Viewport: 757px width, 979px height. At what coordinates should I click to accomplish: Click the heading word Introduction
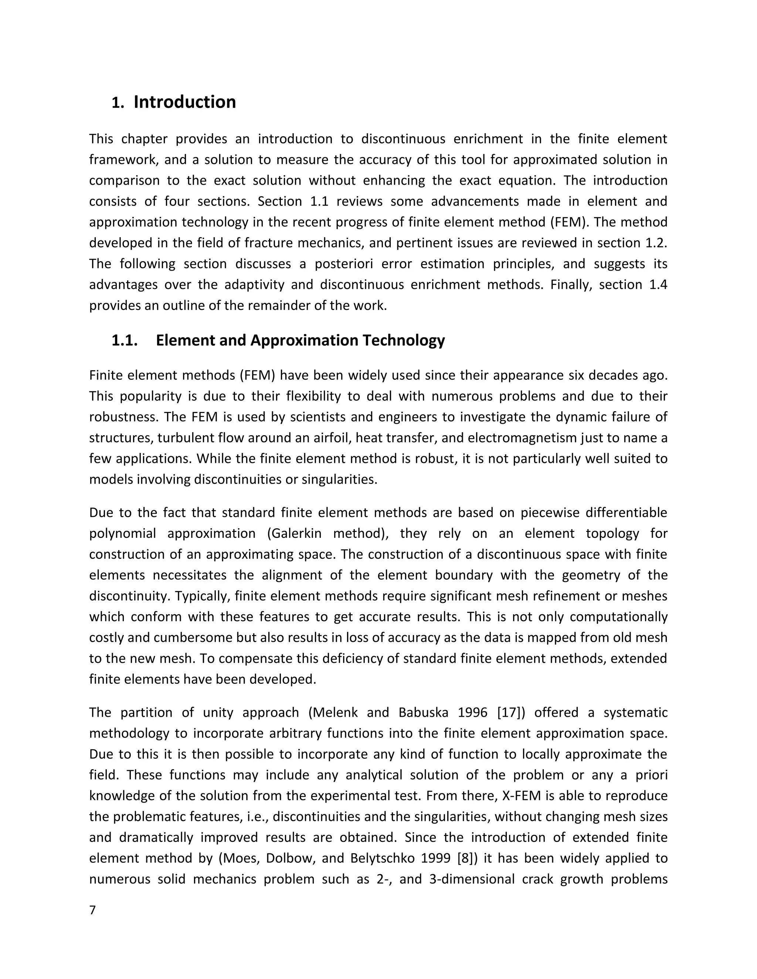point(185,102)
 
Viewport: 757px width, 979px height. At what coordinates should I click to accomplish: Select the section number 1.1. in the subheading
point(124,341)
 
